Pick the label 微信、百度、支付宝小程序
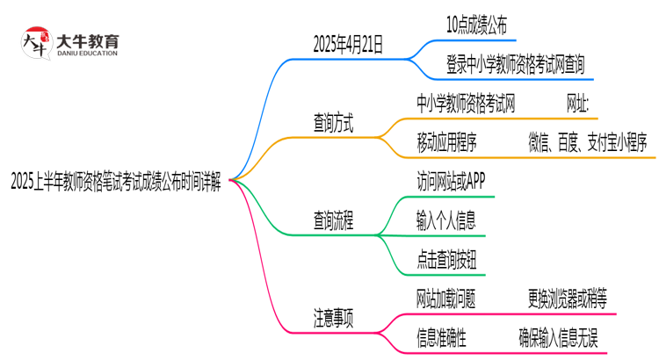(x=587, y=142)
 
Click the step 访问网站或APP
(x=450, y=182)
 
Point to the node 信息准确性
(x=441, y=337)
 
